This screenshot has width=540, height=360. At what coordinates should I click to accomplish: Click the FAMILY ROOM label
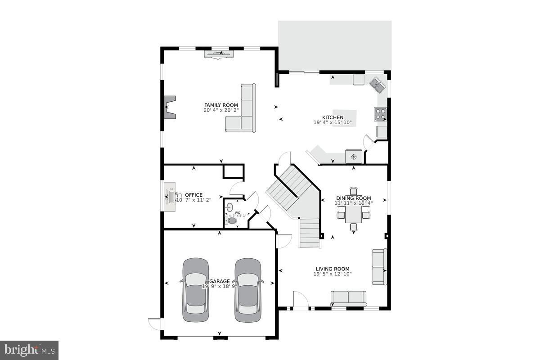(221, 105)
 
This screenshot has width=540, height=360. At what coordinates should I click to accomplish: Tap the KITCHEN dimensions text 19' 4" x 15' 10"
(333, 122)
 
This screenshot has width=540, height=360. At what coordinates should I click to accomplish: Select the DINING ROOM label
(354, 198)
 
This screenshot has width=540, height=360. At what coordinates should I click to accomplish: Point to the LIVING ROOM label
(333, 269)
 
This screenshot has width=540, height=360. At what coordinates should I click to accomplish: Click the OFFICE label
(193, 195)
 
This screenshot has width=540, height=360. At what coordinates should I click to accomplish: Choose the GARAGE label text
(219, 281)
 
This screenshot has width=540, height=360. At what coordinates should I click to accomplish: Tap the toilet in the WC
(231, 220)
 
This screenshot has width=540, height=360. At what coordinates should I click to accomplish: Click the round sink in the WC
(229, 207)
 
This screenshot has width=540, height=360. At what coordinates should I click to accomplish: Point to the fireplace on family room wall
(170, 107)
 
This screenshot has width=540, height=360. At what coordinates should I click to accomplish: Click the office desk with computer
(170, 197)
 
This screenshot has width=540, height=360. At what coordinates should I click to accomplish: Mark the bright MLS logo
(29, 350)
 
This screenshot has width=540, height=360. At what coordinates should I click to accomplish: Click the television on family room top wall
(219, 54)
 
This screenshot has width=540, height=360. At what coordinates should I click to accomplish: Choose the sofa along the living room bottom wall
(349, 297)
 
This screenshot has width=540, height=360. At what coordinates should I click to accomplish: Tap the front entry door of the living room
(300, 301)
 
